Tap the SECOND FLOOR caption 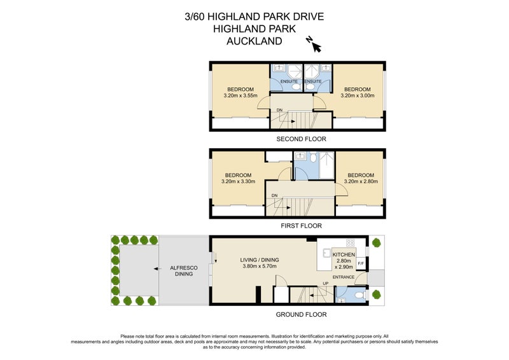coord(297,139)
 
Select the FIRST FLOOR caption coord(297,225)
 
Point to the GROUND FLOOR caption coord(297,314)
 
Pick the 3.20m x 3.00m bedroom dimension coord(357,96)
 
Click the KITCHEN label coord(344,254)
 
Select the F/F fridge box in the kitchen coord(361,263)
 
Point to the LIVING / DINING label coord(260,260)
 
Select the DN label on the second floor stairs coord(279,110)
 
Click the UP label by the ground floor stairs coord(325,283)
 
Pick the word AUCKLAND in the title coord(254,41)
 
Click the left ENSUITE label coord(281,81)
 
